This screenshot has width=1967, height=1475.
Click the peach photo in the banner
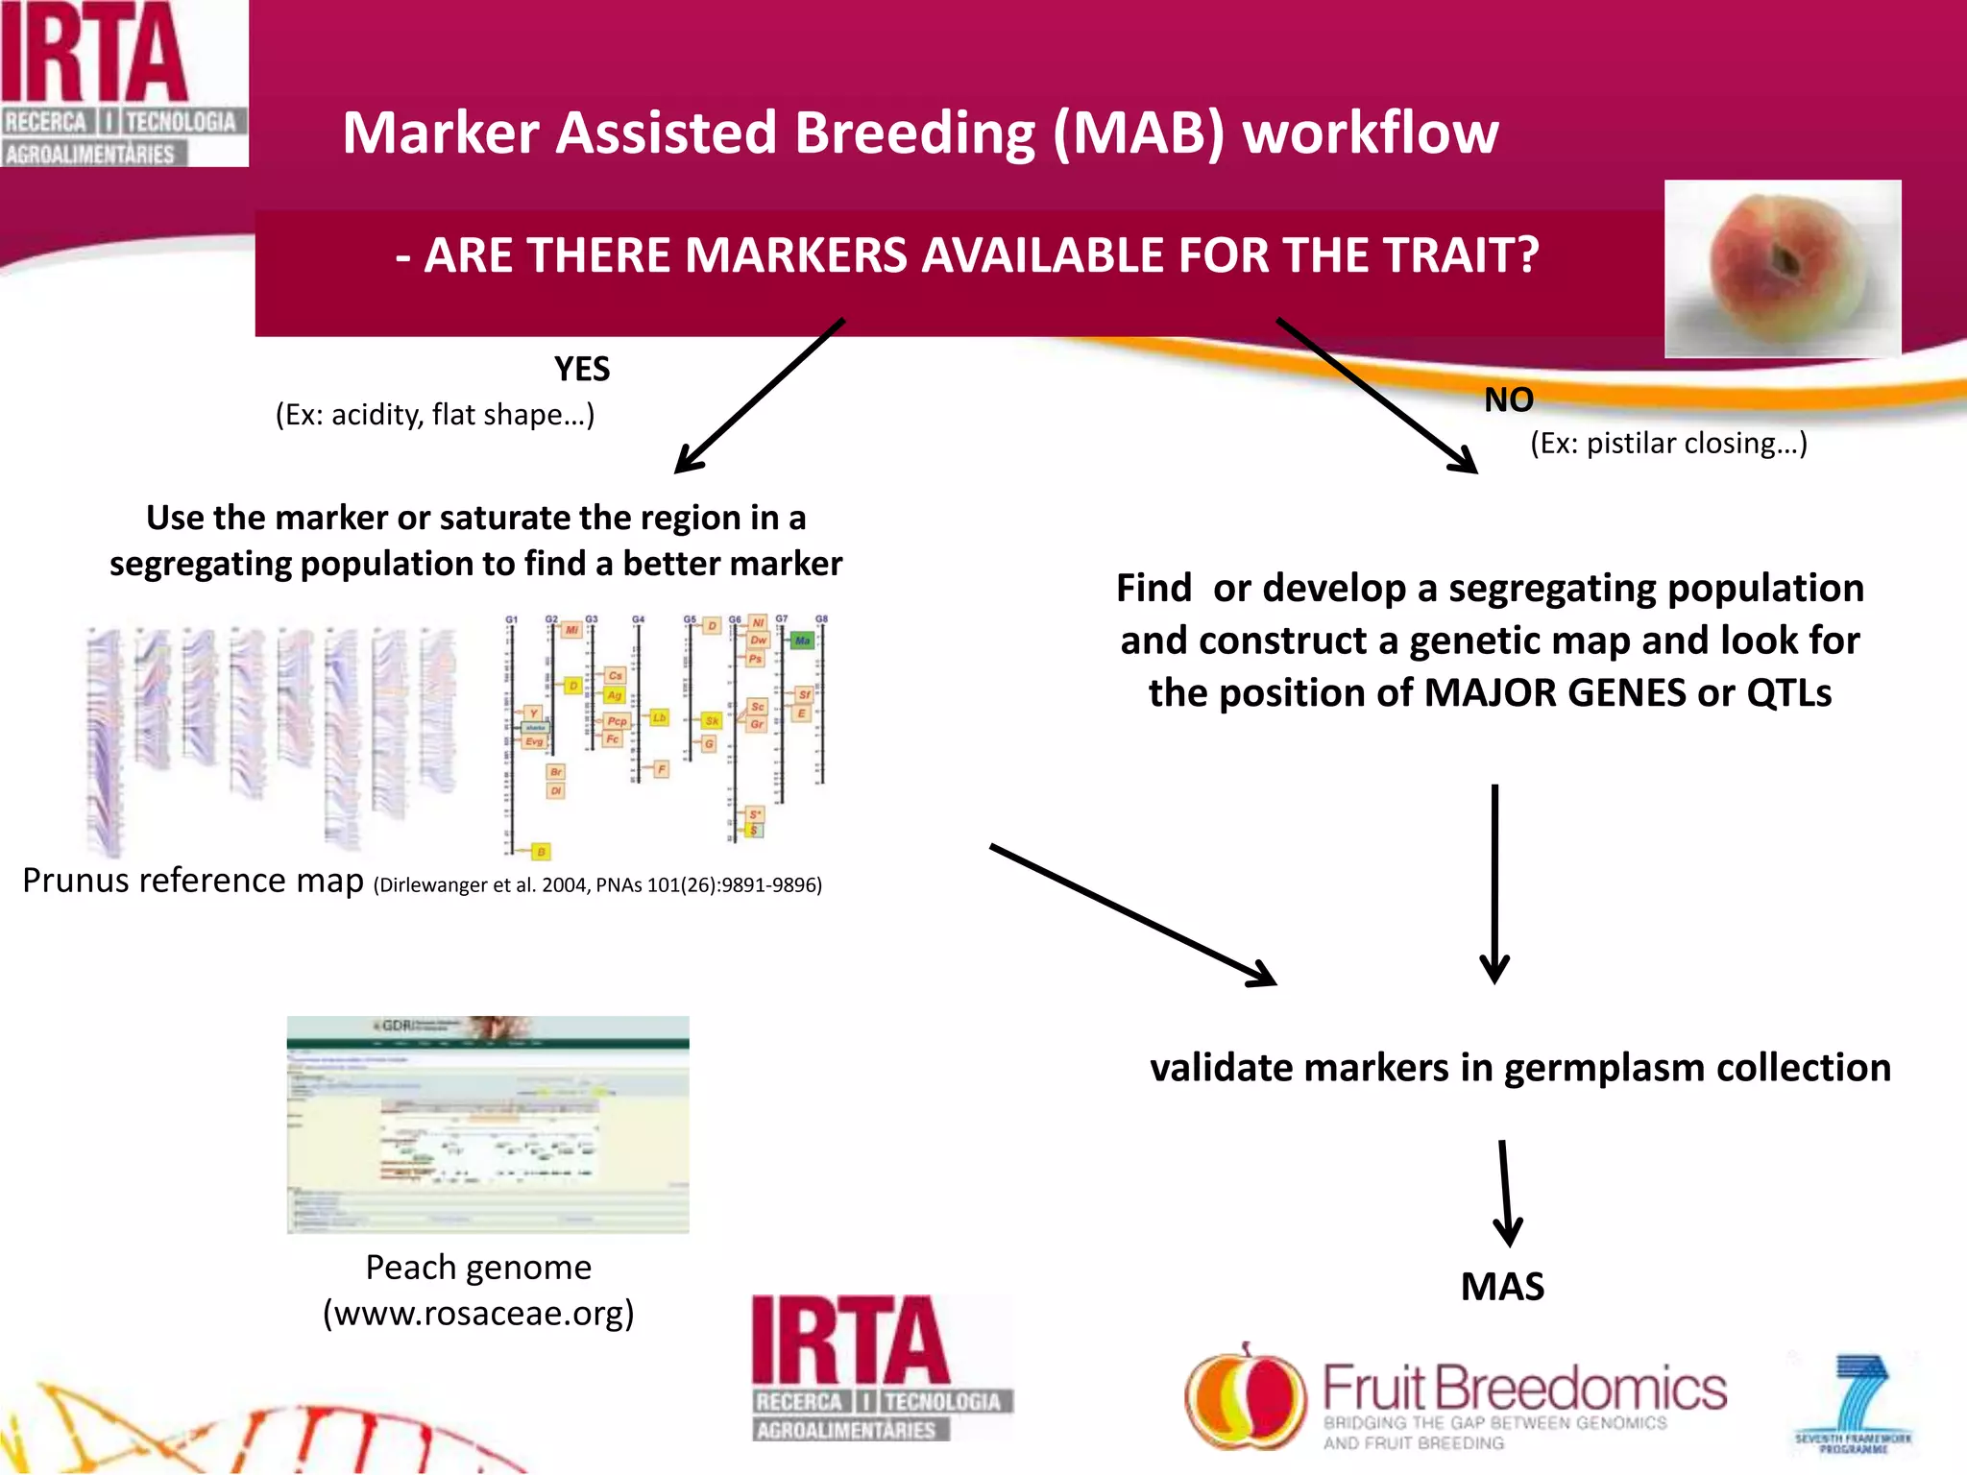1782,269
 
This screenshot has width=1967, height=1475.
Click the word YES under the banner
582,369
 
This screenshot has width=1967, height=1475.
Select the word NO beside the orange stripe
1508,399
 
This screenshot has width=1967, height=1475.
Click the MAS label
1502,1287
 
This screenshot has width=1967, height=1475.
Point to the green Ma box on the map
802,640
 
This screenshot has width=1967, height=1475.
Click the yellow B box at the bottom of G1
541,852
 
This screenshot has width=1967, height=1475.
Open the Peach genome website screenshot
488,1124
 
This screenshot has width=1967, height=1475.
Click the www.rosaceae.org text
478,1313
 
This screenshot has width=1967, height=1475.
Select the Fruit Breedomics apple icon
1245,1397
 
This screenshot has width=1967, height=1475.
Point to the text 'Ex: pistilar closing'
1668,444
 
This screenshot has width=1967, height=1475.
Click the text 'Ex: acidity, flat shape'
435,415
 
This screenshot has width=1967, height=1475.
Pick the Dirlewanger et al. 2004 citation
597,884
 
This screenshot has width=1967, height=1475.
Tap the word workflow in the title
1371,133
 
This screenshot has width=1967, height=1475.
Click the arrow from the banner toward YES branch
759,397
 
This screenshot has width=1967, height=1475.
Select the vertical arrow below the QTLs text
1494,883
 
